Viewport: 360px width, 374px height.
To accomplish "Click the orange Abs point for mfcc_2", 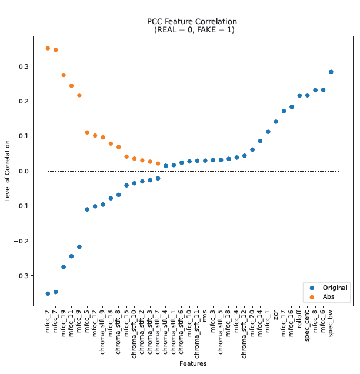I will click(x=48, y=48).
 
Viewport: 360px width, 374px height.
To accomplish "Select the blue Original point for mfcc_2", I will click(x=48, y=293).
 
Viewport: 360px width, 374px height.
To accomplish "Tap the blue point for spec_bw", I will click(x=331, y=72).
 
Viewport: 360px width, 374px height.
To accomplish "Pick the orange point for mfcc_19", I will click(x=64, y=75).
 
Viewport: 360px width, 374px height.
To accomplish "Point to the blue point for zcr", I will click(x=276, y=122).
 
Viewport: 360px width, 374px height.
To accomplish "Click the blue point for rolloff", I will click(x=299, y=95).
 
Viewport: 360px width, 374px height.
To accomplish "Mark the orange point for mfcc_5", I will click(x=87, y=132).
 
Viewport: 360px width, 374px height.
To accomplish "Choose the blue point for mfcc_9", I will click(x=79, y=246).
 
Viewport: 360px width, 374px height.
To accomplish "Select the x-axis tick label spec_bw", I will click(x=331, y=323).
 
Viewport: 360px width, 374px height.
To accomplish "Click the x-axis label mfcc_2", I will click(x=48, y=322).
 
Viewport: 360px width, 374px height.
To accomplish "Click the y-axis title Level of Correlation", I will click(x=8, y=171).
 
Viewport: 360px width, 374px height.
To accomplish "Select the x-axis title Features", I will click(x=193, y=363).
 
